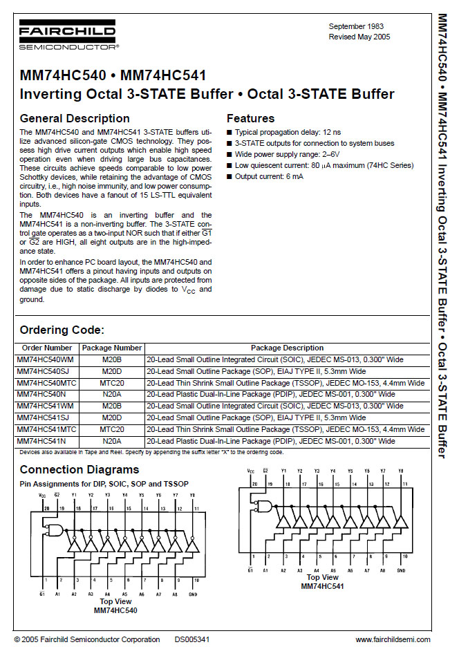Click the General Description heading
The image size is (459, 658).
(75, 118)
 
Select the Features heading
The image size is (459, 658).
(250, 118)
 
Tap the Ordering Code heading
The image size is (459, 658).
(62, 330)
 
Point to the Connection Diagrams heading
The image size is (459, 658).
(79, 471)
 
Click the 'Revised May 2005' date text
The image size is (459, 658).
(359, 36)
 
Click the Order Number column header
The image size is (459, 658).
(47, 348)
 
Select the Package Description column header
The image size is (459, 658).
(287, 348)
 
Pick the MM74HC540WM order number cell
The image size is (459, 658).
(47, 359)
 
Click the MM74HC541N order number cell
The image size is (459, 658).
(43, 440)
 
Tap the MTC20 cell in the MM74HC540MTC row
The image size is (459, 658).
(111, 382)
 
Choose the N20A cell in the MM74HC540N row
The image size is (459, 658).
(111, 394)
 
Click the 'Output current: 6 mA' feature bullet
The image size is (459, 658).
(268, 176)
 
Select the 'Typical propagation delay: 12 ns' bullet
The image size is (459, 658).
(287, 131)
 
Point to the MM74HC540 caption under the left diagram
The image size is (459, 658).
(115, 610)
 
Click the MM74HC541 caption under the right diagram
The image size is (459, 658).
(322, 586)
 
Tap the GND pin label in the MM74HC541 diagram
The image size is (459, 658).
(402, 571)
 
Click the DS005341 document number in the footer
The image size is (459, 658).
(192, 639)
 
